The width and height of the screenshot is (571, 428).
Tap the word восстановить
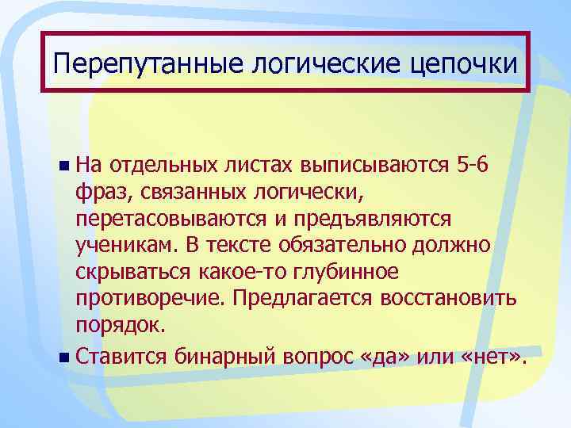click(x=446, y=300)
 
